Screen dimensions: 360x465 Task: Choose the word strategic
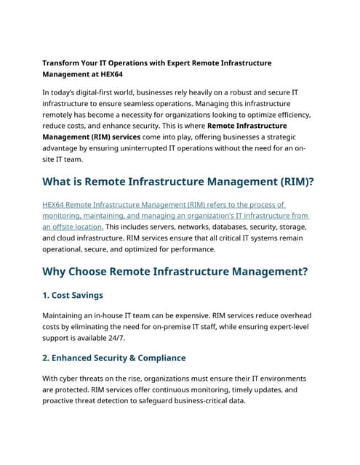tap(279, 137)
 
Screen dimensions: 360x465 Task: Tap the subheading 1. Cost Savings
tap(73, 295)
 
